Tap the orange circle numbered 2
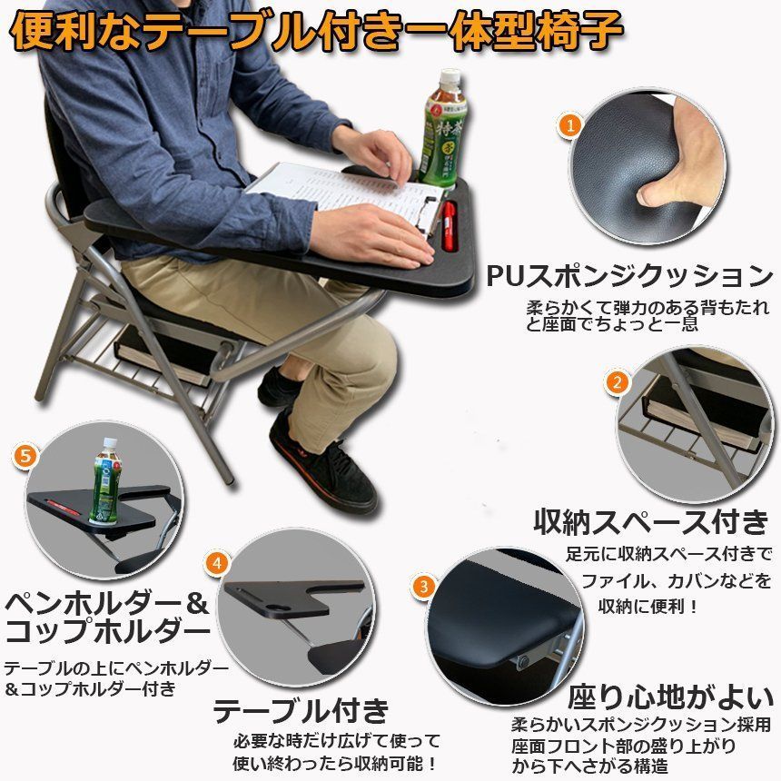coord(618,382)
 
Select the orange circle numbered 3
coord(424,587)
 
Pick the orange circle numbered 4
coord(217,563)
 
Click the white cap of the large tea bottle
coord(450,77)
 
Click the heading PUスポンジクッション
coord(630,275)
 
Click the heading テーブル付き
coord(301,710)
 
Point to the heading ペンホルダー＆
coord(106,603)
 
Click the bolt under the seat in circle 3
coord(523,662)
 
